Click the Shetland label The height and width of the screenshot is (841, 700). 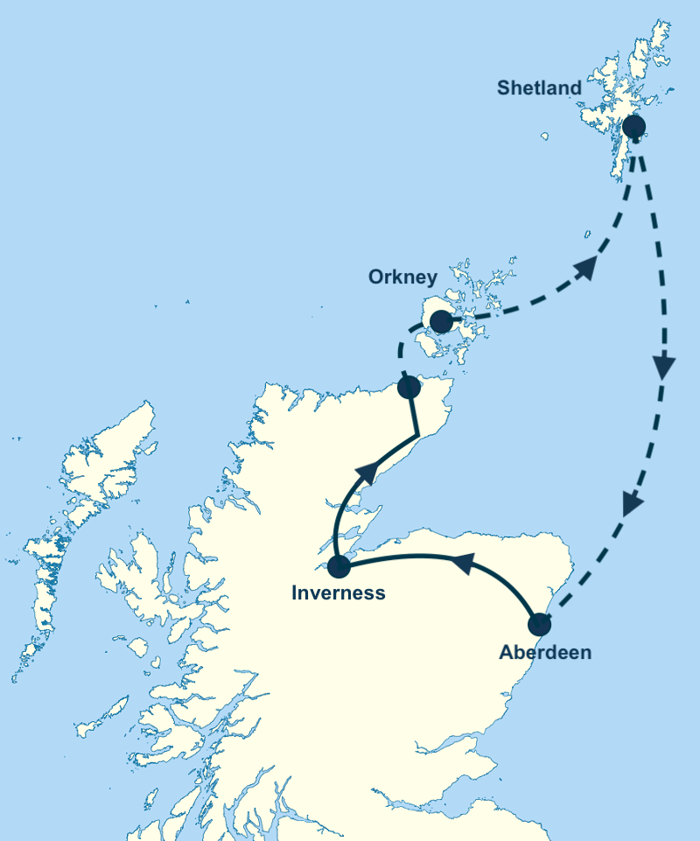[x=539, y=88]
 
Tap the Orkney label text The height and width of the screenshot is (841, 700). [x=402, y=277]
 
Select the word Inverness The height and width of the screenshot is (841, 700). [x=338, y=593]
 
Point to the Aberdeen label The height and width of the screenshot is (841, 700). [x=545, y=652]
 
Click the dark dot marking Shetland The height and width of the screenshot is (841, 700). [x=633, y=127]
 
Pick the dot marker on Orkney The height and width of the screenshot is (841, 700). [x=442, y=322]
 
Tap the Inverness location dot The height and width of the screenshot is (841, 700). [x=338, y=566]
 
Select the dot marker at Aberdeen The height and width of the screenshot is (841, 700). [x=540, y=625]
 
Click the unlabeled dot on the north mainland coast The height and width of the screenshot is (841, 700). [x=409, y=388]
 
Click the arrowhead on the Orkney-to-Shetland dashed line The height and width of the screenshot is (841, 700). [x=586, y=268]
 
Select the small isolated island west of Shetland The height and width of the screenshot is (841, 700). [x=544, y=136]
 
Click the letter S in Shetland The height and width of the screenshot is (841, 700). [x=503, y=88]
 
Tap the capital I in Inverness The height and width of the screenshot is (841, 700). [x=295, y=593]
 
